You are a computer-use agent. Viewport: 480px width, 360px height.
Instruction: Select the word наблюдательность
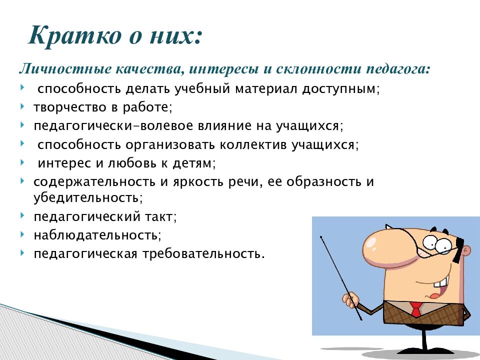pos(96,235)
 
